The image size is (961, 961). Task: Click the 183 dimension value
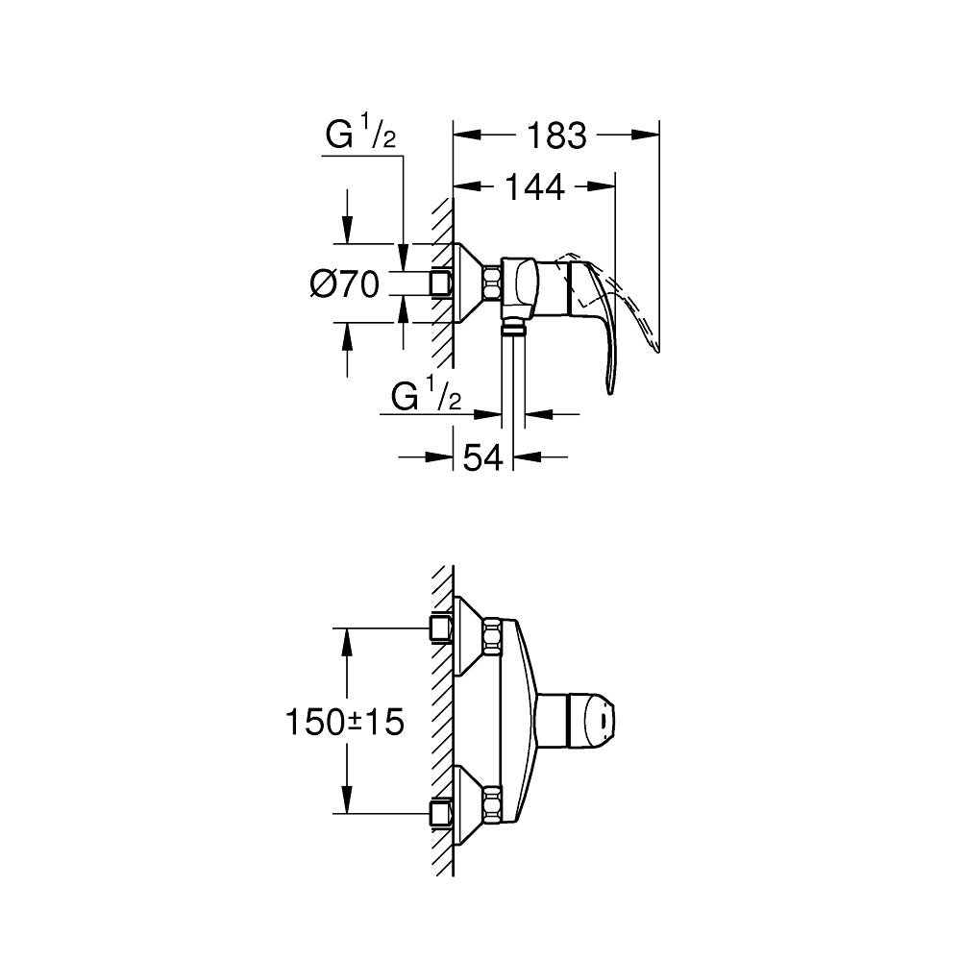tap(556, 136)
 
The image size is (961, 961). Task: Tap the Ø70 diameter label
tap(344, 284)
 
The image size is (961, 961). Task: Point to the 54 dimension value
tap(483, 458)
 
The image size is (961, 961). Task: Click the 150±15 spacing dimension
tap(344, 721)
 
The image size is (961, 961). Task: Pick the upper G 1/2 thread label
tap(359, 136)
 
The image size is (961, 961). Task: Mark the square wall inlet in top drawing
tap(441, 283)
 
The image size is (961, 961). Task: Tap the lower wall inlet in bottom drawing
tap(440, 812)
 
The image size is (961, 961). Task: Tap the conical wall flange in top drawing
tap(469, 283)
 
